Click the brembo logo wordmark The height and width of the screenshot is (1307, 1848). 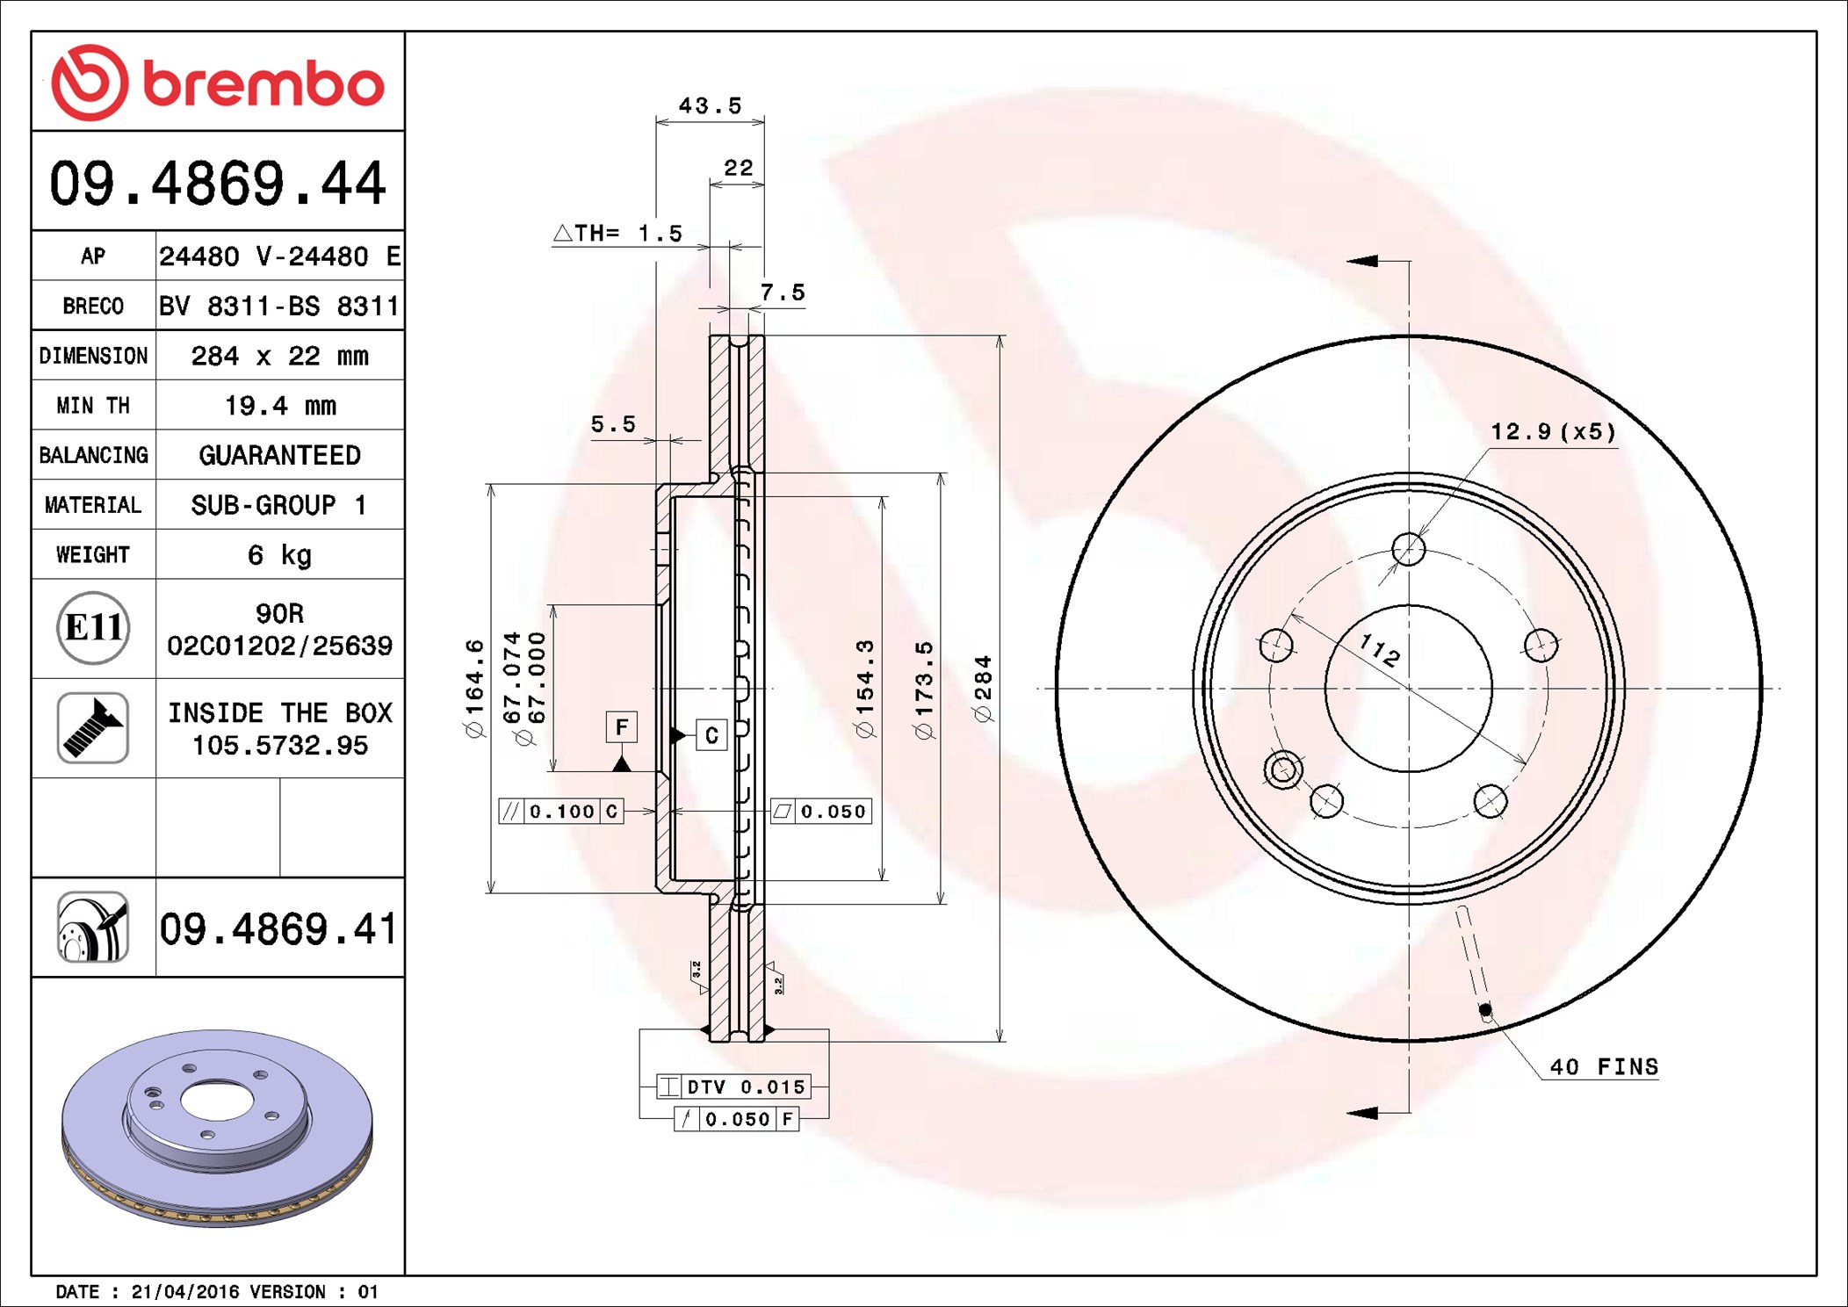point(263,85)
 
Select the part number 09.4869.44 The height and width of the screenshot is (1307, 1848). point(218,184)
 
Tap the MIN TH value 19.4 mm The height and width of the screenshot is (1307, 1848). point(280,405)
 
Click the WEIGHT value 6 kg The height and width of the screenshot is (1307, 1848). point(279,555)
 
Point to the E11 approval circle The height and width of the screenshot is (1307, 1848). point(93,627)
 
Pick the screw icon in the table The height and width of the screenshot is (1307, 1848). point(93,727)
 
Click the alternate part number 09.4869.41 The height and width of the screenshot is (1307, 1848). point(278,929)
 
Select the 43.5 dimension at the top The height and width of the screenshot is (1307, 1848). point(710,105)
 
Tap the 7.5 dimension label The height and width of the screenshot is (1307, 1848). point(783,292)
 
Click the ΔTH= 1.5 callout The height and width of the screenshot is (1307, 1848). point(617,233)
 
